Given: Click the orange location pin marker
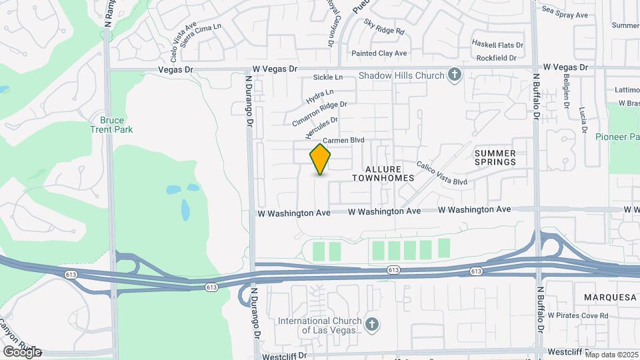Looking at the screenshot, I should pyautogui.click(x=321, y=159).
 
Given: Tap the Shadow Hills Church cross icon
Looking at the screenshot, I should pyautogui.click(x=455, y=75).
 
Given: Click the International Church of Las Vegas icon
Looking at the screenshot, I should pyautogui.click(x=372, y=325).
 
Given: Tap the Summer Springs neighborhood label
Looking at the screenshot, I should pyautogui.click(x=495, y=157).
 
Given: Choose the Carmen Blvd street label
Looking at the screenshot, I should pyautogui.click(x=343, y=141).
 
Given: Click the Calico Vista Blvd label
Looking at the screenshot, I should pyautogui.click(x=442, y=173).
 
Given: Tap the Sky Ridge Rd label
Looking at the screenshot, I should pyautogui.click(x=385, y=27).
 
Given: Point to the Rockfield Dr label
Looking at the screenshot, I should pyautogui.click(x=493, y=58).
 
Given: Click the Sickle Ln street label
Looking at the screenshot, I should pyautogui.click(x=327, y=78).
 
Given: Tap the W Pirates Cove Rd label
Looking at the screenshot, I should pyautogui.click(x=578, y=315).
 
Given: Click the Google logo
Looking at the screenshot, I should pyautogui.click(x=21, y=352).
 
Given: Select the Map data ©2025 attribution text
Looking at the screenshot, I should pyautogui.click(x=611, y=355).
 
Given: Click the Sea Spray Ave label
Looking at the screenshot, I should pyautogui.click(x=565, y=14).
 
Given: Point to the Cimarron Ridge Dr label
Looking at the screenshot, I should pyautogui.click(x=320, y=114).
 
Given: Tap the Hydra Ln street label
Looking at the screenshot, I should pyautogui.click(x=320, y=97).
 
